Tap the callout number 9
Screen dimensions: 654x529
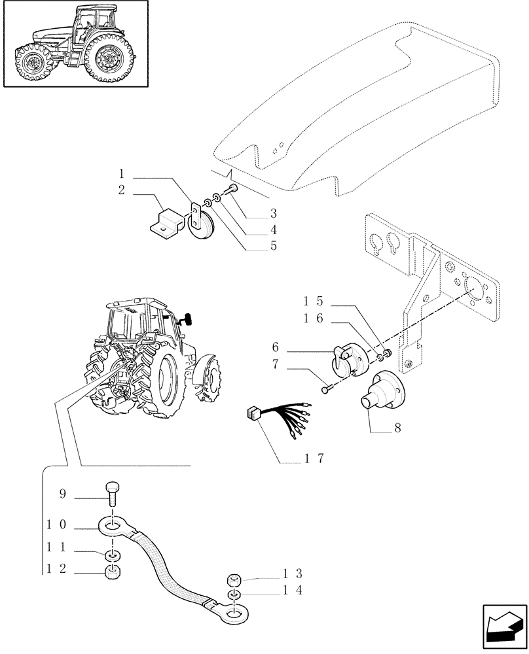pos(64,494)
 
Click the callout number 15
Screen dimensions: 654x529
pos(314,301)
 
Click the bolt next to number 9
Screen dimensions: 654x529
pos(111,494)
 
